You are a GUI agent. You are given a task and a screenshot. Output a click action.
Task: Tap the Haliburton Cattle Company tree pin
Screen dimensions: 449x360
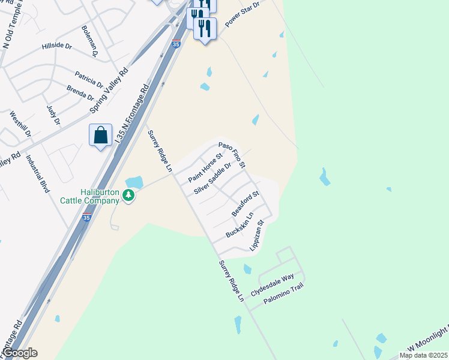point(128,195)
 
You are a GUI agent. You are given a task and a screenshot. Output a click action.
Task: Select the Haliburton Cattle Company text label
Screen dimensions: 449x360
point(90,197)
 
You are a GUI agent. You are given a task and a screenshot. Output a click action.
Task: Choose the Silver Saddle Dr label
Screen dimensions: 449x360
point(212,178)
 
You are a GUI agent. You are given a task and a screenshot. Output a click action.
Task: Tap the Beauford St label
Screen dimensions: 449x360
point(245,204)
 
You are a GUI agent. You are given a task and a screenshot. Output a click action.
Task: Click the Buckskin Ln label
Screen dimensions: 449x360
point(240,224)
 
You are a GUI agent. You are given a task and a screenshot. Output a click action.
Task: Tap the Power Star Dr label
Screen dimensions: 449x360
point(241,13)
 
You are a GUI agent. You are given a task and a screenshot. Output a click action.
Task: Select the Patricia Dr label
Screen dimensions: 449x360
point(89,79)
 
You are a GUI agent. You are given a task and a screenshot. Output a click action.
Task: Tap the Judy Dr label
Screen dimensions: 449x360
point(53,115)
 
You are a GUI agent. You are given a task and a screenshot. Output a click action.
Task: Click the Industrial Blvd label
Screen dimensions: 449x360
point(37,173)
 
